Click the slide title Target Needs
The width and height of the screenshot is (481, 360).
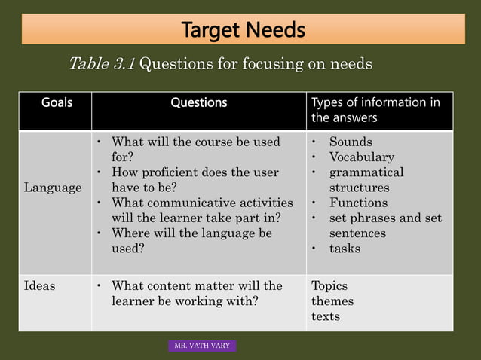pos(243,30)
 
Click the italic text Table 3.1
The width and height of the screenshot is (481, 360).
pos(102,64)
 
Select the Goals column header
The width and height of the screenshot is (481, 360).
pos(57,102)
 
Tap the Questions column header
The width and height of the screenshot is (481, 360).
pos(198,102)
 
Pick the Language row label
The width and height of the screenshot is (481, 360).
pos(53,188)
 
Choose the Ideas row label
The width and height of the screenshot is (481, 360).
pos(39,286)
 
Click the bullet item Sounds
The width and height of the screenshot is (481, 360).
pos(351,142)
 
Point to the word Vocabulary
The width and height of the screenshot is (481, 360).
pos(361,157)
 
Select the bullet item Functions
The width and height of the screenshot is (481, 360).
pos(358,203)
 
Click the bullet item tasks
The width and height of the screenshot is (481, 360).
pos(345,249)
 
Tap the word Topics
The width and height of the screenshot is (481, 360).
pos(329,286)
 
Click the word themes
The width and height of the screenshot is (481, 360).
pos(332,301)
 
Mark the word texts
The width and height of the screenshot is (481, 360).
pos(326,316)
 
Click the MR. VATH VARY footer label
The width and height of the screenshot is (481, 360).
pos(202,346)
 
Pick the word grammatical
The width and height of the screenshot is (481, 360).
pos(366,172)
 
